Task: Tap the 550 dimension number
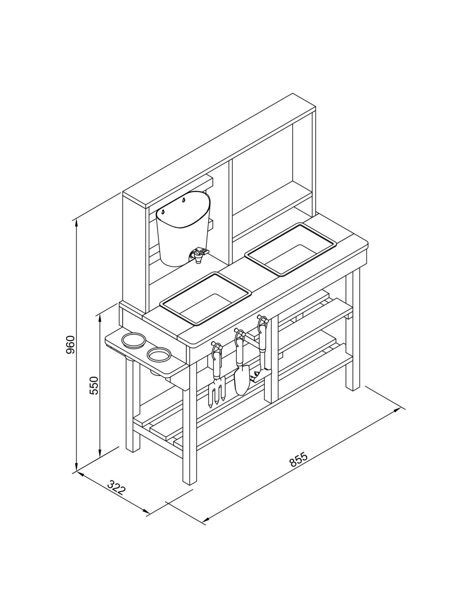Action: click(x=94, y=385)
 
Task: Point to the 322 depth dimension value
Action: click(x=116, y=488)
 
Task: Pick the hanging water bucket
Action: click(x=183, y=228)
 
